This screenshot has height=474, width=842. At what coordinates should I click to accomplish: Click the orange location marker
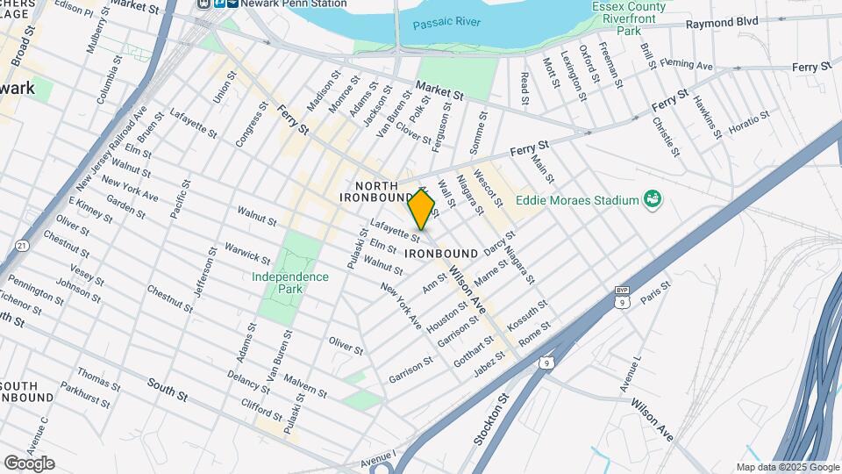(422, 210)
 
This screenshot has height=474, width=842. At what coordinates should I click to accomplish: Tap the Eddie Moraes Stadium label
(576, 200)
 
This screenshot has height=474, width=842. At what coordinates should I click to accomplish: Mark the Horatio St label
(748, 124)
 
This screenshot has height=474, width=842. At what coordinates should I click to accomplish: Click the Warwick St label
(248, 253)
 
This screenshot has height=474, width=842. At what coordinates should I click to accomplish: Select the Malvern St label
(306, 388)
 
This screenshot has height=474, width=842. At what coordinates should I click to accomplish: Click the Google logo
(29, 463)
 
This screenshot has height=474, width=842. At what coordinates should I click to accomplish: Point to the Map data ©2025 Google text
(787, 467)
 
